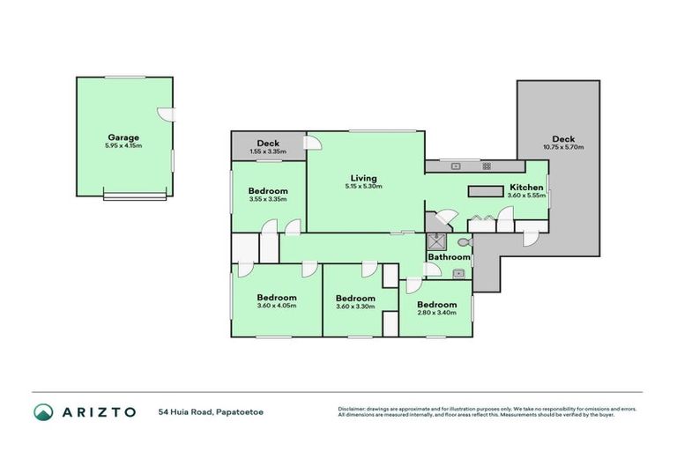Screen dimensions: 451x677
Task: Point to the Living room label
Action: (363, 177)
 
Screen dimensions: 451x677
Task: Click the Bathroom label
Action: (449, 257)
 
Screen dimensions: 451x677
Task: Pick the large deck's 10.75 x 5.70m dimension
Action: (563, 147)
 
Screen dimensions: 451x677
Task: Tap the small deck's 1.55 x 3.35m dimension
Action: (268, 152)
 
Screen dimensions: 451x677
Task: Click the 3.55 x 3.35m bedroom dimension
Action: (268, 199)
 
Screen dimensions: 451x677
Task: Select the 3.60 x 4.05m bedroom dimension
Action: (276, 306)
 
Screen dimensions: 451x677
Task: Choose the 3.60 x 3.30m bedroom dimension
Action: (355, 307)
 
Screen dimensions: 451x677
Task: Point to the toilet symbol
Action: (463, 241)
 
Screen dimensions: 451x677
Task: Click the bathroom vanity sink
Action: (458, 274)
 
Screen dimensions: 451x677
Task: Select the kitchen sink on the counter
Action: (456, 165)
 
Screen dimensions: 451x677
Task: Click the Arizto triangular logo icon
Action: (43, 411)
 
